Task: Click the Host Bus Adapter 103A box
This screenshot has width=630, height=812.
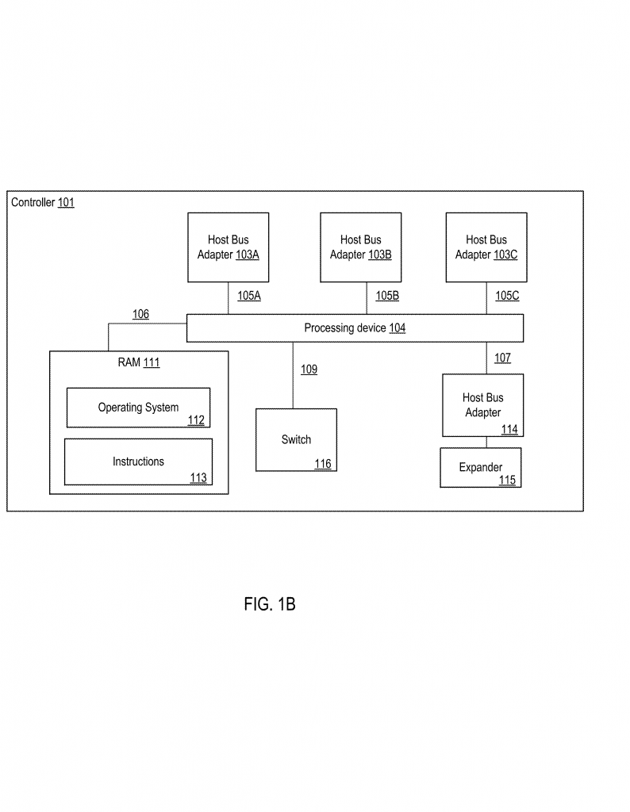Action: click(229, 247)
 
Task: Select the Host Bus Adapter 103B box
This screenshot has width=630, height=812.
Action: click(361, 247)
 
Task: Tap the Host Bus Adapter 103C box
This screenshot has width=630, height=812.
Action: click(486, 247)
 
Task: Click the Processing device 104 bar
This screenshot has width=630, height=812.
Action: click(355, 327)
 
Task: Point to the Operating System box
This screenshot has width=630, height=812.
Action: click(138, 408)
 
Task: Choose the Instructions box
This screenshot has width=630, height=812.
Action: click(138, 462)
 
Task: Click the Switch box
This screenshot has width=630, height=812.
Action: click(296, 439)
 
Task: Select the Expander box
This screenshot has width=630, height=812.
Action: click(481, 468)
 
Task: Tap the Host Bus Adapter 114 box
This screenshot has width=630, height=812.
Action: click(482, 405)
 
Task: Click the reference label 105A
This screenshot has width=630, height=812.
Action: click(249, 296)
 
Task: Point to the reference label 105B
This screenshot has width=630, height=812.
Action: click(387, 296)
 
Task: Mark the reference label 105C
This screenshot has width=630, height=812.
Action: click(507, 296)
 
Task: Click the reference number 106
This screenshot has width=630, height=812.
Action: click(140, 314)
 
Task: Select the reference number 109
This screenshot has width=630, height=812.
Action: click(309, 370)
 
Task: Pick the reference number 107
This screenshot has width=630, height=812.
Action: click(502, 358)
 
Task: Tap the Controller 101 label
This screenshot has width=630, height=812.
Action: click(43, 202)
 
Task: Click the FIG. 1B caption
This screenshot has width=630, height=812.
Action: click(270, 604)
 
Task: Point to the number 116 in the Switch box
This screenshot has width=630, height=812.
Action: click(323, 464)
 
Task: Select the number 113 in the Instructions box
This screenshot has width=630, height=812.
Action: click(198, 477)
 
